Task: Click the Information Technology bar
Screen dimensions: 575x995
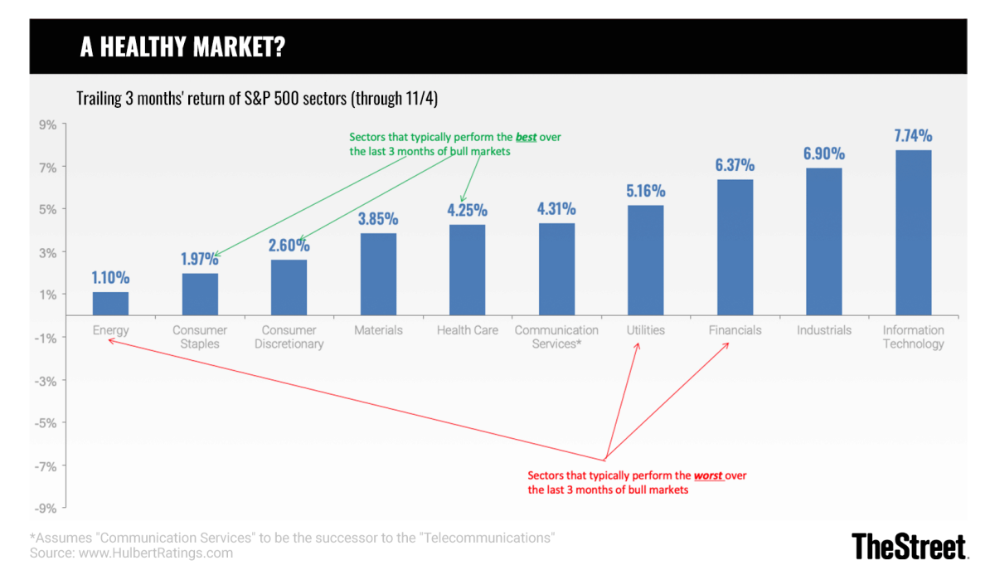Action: pyautogui.click(x=913, y=232)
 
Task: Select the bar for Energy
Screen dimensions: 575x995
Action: pyautogui.click(x=110, y=304)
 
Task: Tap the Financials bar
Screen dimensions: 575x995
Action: pyautogui.click(x=735, y=247)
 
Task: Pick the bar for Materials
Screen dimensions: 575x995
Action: pyautogui.click(x=378, y=274)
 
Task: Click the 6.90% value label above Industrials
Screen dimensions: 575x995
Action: pyautogui.click(x=823, y=153)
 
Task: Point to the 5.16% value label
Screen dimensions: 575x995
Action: pyautogui.click(x=645, y=191)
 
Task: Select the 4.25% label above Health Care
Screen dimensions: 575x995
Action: pyautogui.click(x=467, y=211)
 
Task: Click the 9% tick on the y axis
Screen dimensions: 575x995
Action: pyautogui.click(x=46, y=124)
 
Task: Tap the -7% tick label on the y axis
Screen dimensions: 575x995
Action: pyautogui.click(x=45, y=465)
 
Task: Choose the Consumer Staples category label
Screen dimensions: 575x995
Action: pyautogui.click(x=200, y=337)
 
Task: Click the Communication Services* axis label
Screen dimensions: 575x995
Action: pyautogui.click(x=556, y=337)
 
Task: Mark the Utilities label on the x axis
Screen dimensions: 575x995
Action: pyautogui.click(x=645, y=330)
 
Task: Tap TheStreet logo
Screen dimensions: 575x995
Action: pyautogui.click(x=910, y=546)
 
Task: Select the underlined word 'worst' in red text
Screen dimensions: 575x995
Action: pyautogui.click(x=707, y=476)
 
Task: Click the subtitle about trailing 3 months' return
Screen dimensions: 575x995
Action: pyautogui.click(x=257, y=99)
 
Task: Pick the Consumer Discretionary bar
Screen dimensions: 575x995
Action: pyautogui.click(x=289, y=287)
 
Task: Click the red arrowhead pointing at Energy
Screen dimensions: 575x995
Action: pyautogui.click(x=109, y=337)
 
